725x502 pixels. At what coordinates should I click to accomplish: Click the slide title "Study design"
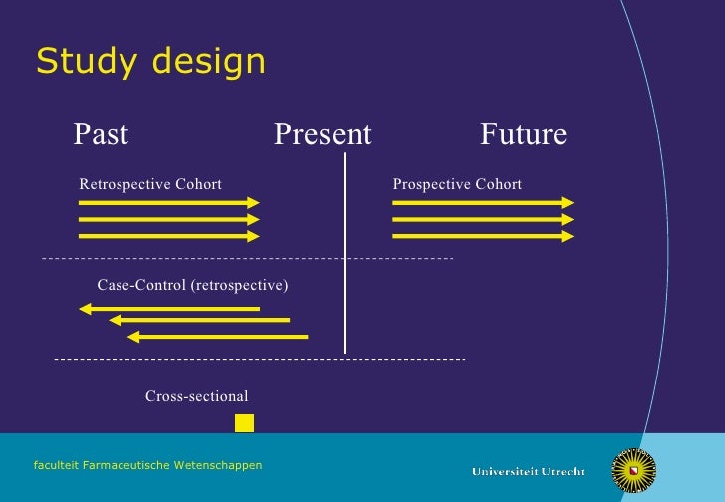[150, 62]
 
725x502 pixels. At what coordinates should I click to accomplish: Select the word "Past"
[101, 134]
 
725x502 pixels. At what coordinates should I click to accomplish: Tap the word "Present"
[323, 134]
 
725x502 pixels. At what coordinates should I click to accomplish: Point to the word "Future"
[523, 134]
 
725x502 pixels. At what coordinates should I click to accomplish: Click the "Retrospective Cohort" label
[150, 184]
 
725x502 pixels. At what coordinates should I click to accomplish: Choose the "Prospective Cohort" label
[457, 184]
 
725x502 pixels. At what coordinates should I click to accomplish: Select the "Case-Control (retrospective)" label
[192, 286]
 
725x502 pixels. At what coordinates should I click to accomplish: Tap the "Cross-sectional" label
[197, 397]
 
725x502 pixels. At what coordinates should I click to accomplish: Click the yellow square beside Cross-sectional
[244, 423]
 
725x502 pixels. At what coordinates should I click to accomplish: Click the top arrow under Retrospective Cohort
[168, 202]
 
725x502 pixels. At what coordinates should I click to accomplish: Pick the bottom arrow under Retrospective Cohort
[168, 236]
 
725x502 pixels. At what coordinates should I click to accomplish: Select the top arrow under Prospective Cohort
[483, 202]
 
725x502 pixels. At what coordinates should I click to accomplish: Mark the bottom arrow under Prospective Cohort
[483, 236]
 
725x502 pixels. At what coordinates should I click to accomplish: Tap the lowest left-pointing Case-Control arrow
[218, 337]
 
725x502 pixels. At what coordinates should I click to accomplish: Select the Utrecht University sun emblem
[633, 470]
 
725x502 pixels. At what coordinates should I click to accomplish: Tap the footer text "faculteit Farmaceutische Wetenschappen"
[147, 465]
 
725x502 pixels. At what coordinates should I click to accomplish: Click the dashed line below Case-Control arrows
[259, 358]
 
